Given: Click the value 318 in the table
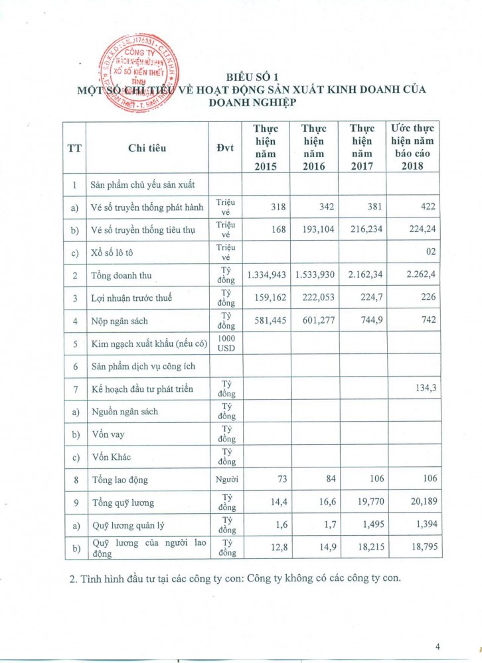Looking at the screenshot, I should coord(277,207).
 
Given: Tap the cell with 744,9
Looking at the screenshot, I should coord(368,321).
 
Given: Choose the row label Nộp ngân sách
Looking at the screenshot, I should coord(120,322).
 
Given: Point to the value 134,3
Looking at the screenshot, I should coord(423,389).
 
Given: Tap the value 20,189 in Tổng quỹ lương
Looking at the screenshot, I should coord(420,503).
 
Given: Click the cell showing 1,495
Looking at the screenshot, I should coord(368,525).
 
